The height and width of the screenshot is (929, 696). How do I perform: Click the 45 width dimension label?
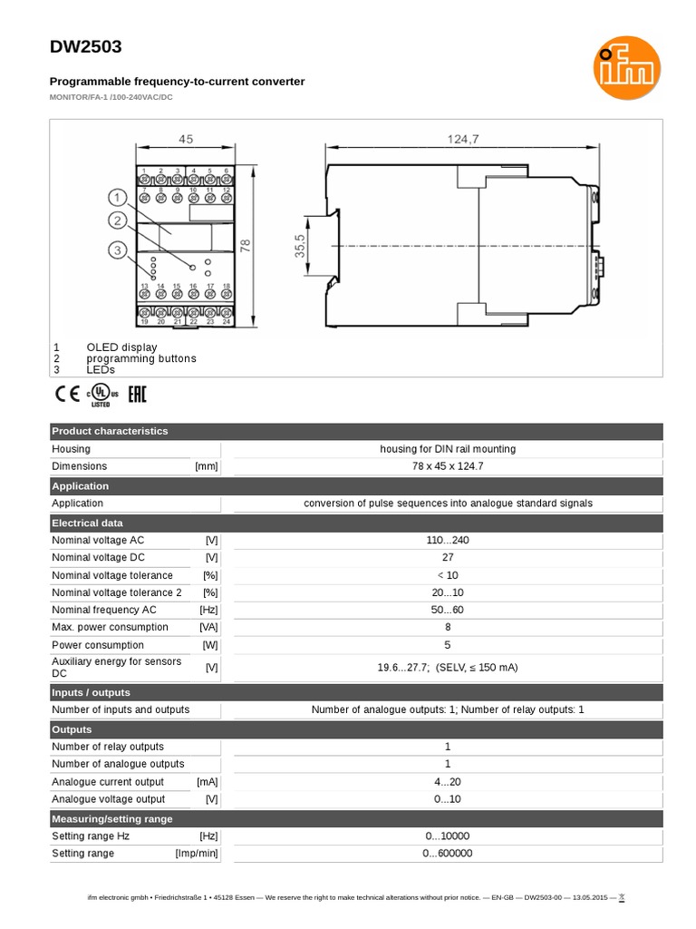click(x=186, y=140)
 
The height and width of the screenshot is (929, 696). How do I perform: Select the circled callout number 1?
click(x=117, y=198)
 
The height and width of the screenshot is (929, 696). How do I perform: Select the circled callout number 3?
click(x=117, y=249)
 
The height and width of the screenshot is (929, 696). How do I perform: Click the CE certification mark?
click(x=67, y=395)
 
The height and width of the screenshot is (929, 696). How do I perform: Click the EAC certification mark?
click(x=135, y=395)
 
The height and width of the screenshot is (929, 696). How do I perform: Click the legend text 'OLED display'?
click(x=121, y=347)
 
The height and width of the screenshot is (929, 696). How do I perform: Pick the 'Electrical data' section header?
click(x=87, y=523)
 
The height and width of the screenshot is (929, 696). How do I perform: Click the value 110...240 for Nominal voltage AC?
click(x=447, y=541)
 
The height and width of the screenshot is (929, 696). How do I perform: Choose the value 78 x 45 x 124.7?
click(x=447, y=466)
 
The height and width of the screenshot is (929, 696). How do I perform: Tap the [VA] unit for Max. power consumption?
click(x=208, y=627)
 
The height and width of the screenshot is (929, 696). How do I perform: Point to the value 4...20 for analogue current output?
click(x=447, y=782)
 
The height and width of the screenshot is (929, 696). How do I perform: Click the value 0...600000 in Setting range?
click(x=447, y=854)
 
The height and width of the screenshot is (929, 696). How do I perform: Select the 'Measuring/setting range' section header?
click(x=111, y=819)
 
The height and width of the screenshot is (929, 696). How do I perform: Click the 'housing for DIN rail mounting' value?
click(x=447, y=449)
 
